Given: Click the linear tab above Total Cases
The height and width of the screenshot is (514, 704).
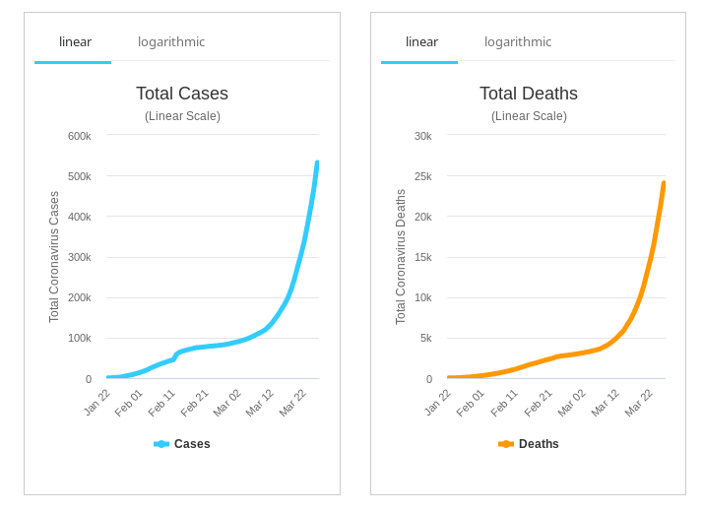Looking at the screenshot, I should [75, 41].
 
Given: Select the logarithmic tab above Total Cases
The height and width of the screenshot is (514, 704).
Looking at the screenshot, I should [171, 41].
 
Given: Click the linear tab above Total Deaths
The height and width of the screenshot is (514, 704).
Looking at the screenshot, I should [421, 41].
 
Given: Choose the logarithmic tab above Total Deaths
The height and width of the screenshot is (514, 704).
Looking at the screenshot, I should [518, 41].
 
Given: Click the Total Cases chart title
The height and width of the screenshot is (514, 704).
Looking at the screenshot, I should [182, 94].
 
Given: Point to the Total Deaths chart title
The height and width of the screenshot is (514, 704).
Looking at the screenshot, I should [529, 94].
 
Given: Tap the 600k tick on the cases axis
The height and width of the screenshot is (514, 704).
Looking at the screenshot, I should [79, 136].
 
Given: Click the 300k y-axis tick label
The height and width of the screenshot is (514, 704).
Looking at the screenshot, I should [79, 257].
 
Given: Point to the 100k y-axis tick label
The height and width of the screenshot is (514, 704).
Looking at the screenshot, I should [79, 338].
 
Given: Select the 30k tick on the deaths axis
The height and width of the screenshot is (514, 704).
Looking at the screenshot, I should [422, 136].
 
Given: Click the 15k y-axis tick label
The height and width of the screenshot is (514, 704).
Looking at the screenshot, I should [422, 257].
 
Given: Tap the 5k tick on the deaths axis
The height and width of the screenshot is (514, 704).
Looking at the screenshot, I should [425, 338].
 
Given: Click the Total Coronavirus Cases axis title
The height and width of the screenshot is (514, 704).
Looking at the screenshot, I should [54, 257].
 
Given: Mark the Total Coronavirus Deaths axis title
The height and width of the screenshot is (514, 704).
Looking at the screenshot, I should [401, 257].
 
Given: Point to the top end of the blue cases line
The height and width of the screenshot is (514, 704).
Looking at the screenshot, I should [317, 163].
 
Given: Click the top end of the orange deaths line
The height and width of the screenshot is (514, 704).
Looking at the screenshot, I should [664, 183].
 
